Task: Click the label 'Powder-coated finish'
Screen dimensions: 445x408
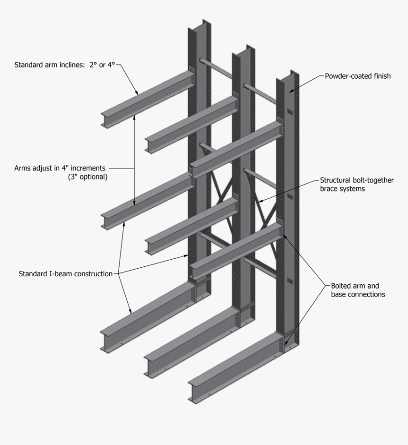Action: pyautogui.click(x=358, y=76)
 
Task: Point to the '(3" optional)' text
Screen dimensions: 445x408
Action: pyautogui.click(x=87, y=177)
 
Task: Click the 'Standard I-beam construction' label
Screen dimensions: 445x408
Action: pyautogui.click(x=65, y=273)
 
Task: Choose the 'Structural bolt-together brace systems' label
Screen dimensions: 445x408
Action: pyautogui.click(x=356, y=184)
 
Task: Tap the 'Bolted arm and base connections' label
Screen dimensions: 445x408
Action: pyautogui.click(x=358, y=290)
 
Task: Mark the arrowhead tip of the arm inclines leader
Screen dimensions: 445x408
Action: pyautogui.click(x=138, y=94)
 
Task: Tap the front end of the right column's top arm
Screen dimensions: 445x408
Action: pyautogui.click(x=195, y=171)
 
